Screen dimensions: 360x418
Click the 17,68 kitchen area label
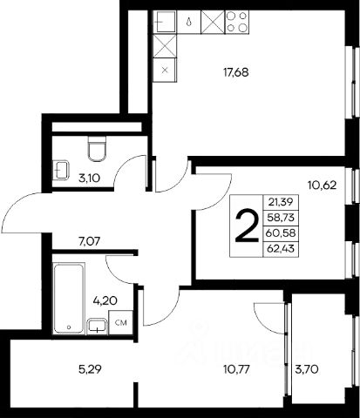point(236,72)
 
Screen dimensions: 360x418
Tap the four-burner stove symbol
point(237,22)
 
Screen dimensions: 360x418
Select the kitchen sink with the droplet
point(189,22)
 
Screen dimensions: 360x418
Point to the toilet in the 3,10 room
point(97,149)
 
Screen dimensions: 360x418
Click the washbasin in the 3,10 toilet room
point(61,170)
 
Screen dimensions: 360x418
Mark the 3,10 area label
point(89,179)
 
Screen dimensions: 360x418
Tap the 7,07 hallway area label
point(89,241)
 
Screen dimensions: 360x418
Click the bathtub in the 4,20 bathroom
point(69,298)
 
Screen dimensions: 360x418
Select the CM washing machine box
point(120,322)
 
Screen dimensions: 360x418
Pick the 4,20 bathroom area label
point(105,300)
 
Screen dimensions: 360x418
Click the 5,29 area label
point(90,369)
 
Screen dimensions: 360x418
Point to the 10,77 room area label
point(236,369)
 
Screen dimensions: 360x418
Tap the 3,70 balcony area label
point(307,369)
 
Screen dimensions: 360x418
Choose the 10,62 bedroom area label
point(322,185)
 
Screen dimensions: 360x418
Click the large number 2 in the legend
point(247,226)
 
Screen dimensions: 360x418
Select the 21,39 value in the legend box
point(281,202)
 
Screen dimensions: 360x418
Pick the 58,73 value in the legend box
point(281,217)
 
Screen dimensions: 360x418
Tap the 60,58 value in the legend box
point(281,233)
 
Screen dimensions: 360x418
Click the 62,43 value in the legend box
point(281,248)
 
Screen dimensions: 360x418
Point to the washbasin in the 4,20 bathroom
point(97,327)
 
